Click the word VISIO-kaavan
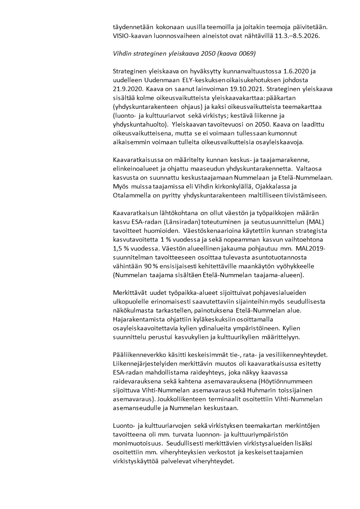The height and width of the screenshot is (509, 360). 132,36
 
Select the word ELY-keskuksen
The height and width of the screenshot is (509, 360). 203,80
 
